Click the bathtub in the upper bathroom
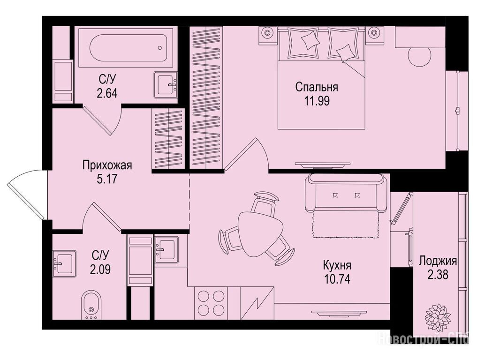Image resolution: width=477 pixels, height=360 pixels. (126, 47)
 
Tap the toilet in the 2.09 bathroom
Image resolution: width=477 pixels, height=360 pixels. (91, 305)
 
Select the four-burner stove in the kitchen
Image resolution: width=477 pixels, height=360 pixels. (211, 303)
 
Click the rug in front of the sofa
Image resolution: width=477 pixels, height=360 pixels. (345, 225)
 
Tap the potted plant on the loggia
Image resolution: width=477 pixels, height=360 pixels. (438, 318)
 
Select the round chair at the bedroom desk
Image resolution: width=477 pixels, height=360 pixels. (420, 57)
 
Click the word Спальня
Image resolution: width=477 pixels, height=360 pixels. (317, 87)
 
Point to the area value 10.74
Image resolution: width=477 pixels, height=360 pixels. (337, 279)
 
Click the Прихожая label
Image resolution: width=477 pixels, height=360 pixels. (107, 166)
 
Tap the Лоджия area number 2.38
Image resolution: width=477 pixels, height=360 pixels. (438, 275)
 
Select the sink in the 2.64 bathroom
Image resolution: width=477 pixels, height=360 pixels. (166, 85)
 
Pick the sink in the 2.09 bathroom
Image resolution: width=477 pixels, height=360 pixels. (65, 263)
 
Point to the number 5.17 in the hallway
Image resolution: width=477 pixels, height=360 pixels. (107, 179)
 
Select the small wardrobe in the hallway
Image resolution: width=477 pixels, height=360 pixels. (168, 138)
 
